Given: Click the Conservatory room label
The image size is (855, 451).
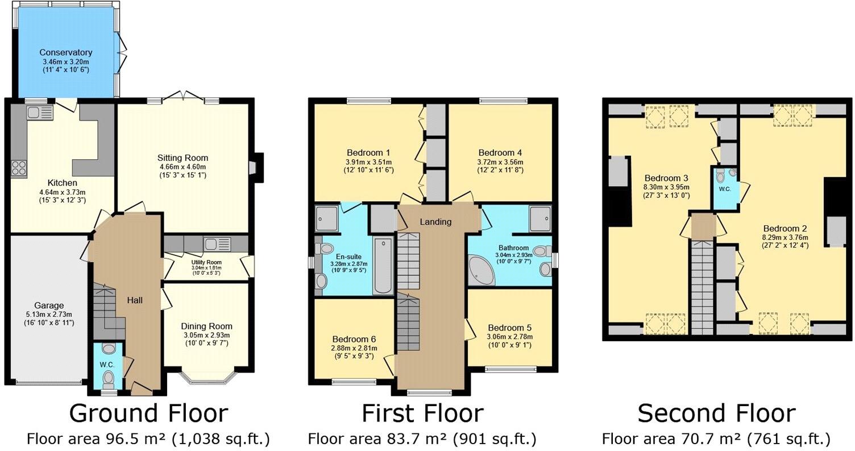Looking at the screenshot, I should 66,52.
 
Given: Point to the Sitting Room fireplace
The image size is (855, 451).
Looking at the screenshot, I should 254,168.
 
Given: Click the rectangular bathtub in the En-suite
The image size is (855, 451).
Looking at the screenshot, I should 383,266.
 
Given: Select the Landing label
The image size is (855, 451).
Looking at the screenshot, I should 435,222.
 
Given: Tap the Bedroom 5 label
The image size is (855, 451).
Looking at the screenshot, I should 509,328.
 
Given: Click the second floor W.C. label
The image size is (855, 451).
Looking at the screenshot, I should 724,188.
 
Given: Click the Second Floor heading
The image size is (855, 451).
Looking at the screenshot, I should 716,413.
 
